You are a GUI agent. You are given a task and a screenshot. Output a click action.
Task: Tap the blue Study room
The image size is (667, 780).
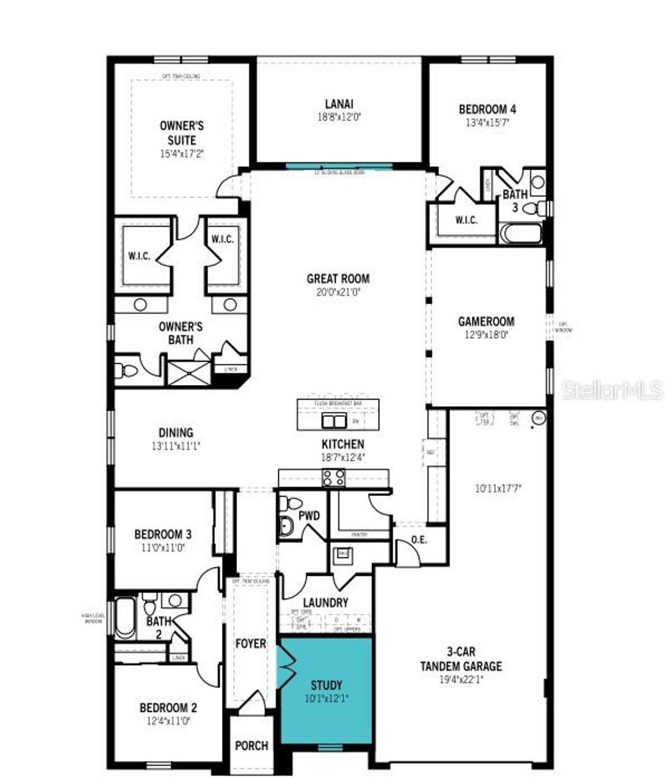[x=326, y=691]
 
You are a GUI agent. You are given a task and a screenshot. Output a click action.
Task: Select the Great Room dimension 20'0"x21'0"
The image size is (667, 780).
[x=338, y=293]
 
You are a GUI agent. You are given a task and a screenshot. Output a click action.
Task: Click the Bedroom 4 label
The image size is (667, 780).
[x=487, y=109]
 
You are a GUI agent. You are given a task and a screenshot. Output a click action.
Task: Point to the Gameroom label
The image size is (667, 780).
[x=486, y=321]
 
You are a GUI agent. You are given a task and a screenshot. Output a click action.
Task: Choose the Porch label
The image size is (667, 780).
[x=251, y=745]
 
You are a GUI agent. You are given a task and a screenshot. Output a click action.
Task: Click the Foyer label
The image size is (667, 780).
[x=251, y=644]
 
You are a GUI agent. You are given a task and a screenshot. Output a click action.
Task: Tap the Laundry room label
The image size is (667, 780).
[x=325, y=603]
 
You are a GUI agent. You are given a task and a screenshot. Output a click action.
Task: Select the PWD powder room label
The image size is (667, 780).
[x=309, y=515]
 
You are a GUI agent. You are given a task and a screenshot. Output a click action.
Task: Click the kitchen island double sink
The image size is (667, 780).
[x=334, y=421]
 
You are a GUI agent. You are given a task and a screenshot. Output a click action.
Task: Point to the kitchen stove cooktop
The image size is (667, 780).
[x=334, y=478]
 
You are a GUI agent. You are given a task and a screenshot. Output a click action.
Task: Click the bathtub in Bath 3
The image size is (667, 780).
[x=520, y=233]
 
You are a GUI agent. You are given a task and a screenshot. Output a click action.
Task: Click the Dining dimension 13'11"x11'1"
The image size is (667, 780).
[x=176, y=446]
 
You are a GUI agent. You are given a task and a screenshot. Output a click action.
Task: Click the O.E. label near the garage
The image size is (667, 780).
[x=419, y=540]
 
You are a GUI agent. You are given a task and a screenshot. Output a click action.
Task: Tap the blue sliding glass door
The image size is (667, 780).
[x=340, y=166]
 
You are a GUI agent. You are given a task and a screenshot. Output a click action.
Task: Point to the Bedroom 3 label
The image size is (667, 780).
[x=162, y=534]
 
